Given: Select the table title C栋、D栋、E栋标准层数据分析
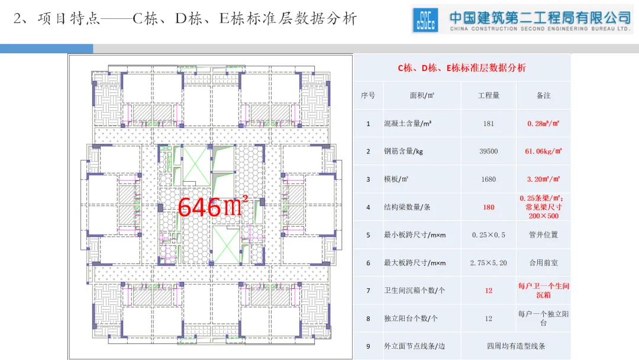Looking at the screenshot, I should (x=461, y=68).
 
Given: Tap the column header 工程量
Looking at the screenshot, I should (x=488, y=95).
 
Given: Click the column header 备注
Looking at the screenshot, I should (x=543, y=95).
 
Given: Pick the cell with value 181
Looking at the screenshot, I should (x=488, y=124).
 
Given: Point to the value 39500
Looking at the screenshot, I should (x=488, y=152).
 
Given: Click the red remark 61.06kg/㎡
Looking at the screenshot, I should (x=543, y=152).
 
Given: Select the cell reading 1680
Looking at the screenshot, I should (x=488, y=179).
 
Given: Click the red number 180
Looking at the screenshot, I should (x=488, y=207).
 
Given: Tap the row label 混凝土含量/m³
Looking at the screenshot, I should (x=408, y=124).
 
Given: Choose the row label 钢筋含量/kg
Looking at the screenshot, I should (x=404, y=152).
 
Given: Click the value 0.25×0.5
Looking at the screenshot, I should (x=488, y=235).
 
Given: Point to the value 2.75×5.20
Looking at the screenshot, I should (x=488, y=263).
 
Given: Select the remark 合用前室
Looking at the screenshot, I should (x=543, y=263).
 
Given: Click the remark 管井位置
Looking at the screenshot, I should (x=543, y=235).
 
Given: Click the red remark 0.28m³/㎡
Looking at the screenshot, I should (x=543, y=124).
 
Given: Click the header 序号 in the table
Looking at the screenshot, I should (x=368, y=95).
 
